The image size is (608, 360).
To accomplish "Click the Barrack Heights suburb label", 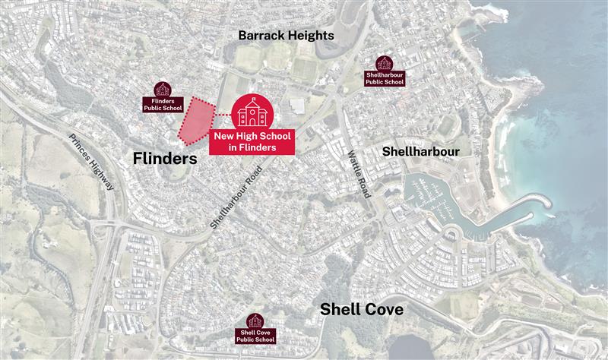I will click(285, 35).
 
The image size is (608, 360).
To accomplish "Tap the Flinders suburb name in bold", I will click(164, 159).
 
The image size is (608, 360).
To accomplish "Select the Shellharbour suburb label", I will click(421, 151).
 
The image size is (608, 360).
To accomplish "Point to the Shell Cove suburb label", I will click(361, 309).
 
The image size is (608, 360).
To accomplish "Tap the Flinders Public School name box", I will click(163, 104).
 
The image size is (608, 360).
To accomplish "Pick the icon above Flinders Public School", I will click(163, 89).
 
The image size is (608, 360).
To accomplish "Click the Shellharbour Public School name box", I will click(385, 78).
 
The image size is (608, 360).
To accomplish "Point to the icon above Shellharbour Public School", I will click(385, 62).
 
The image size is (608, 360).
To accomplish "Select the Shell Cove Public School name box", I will click(256, 336).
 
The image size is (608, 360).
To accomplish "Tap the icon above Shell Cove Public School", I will click(255, 320).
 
